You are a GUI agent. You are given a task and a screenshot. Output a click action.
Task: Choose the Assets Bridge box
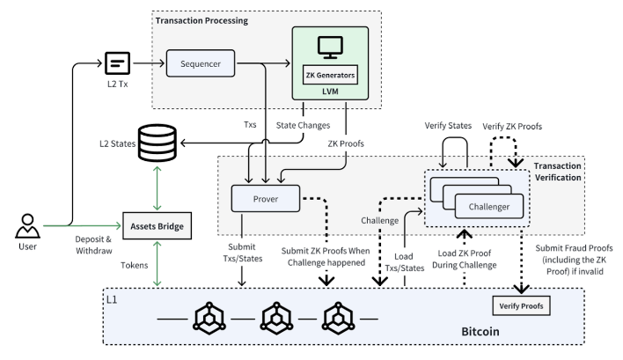158,225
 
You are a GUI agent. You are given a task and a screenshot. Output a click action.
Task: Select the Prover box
265,198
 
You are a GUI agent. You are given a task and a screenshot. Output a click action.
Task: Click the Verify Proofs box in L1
521,305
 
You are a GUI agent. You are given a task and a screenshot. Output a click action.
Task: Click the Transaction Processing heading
202,19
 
